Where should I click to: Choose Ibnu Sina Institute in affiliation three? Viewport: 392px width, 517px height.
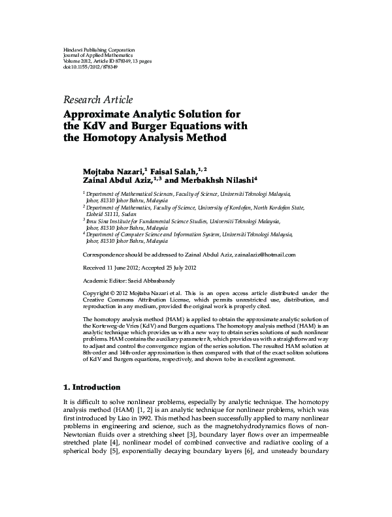[110, 222]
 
